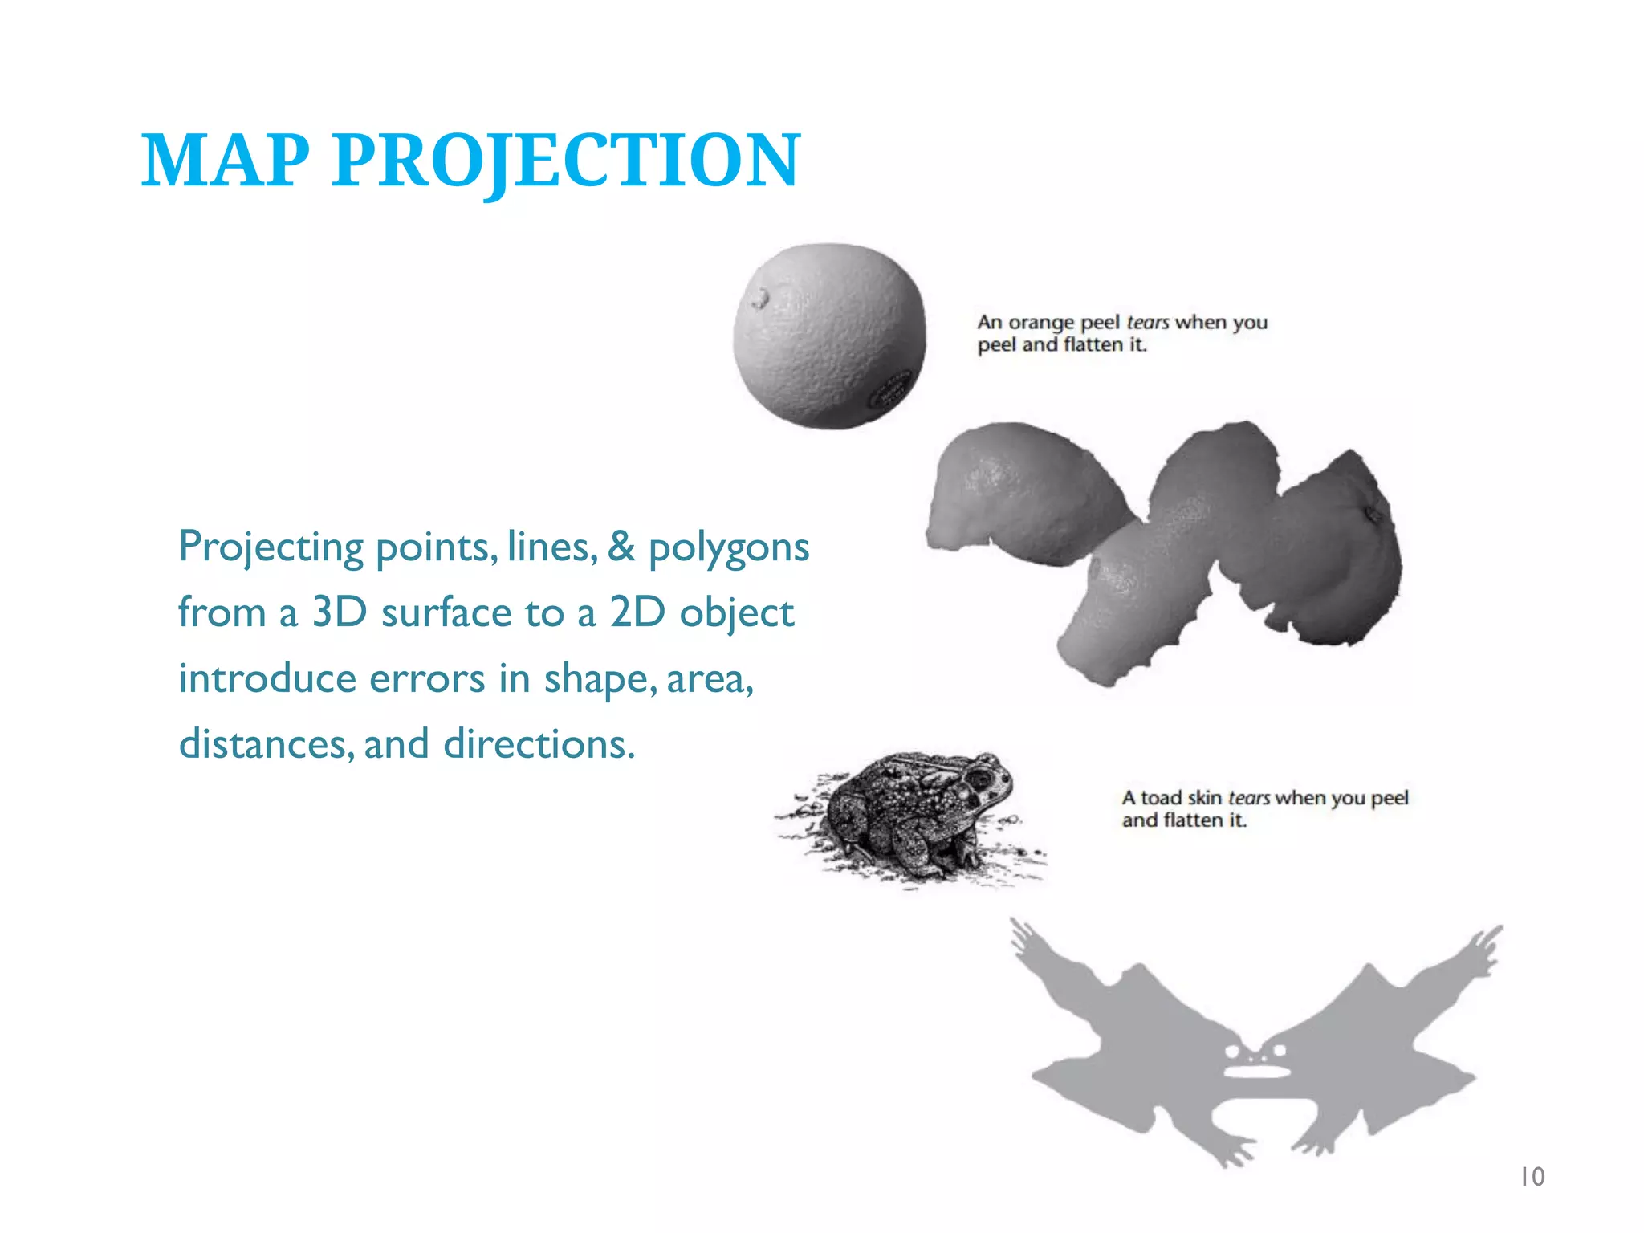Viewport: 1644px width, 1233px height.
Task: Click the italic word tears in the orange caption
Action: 1147,322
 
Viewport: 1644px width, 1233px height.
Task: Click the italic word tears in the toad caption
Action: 1248,798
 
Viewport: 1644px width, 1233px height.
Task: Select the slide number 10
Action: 1532,1177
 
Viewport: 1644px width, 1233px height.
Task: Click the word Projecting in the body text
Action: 271,548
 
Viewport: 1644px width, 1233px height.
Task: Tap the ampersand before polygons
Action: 621,547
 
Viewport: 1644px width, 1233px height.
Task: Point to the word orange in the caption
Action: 1040,324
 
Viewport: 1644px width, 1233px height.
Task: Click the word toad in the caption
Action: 1161,798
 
